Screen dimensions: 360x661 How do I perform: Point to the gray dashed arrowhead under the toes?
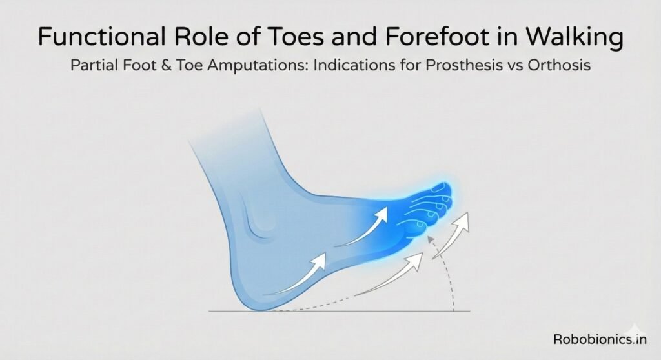click(x=431, y=242)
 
